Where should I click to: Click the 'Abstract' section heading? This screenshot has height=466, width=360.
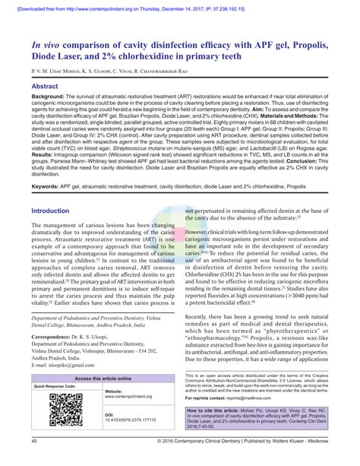click(47, 87)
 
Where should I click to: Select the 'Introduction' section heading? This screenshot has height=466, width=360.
click(55, 211)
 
